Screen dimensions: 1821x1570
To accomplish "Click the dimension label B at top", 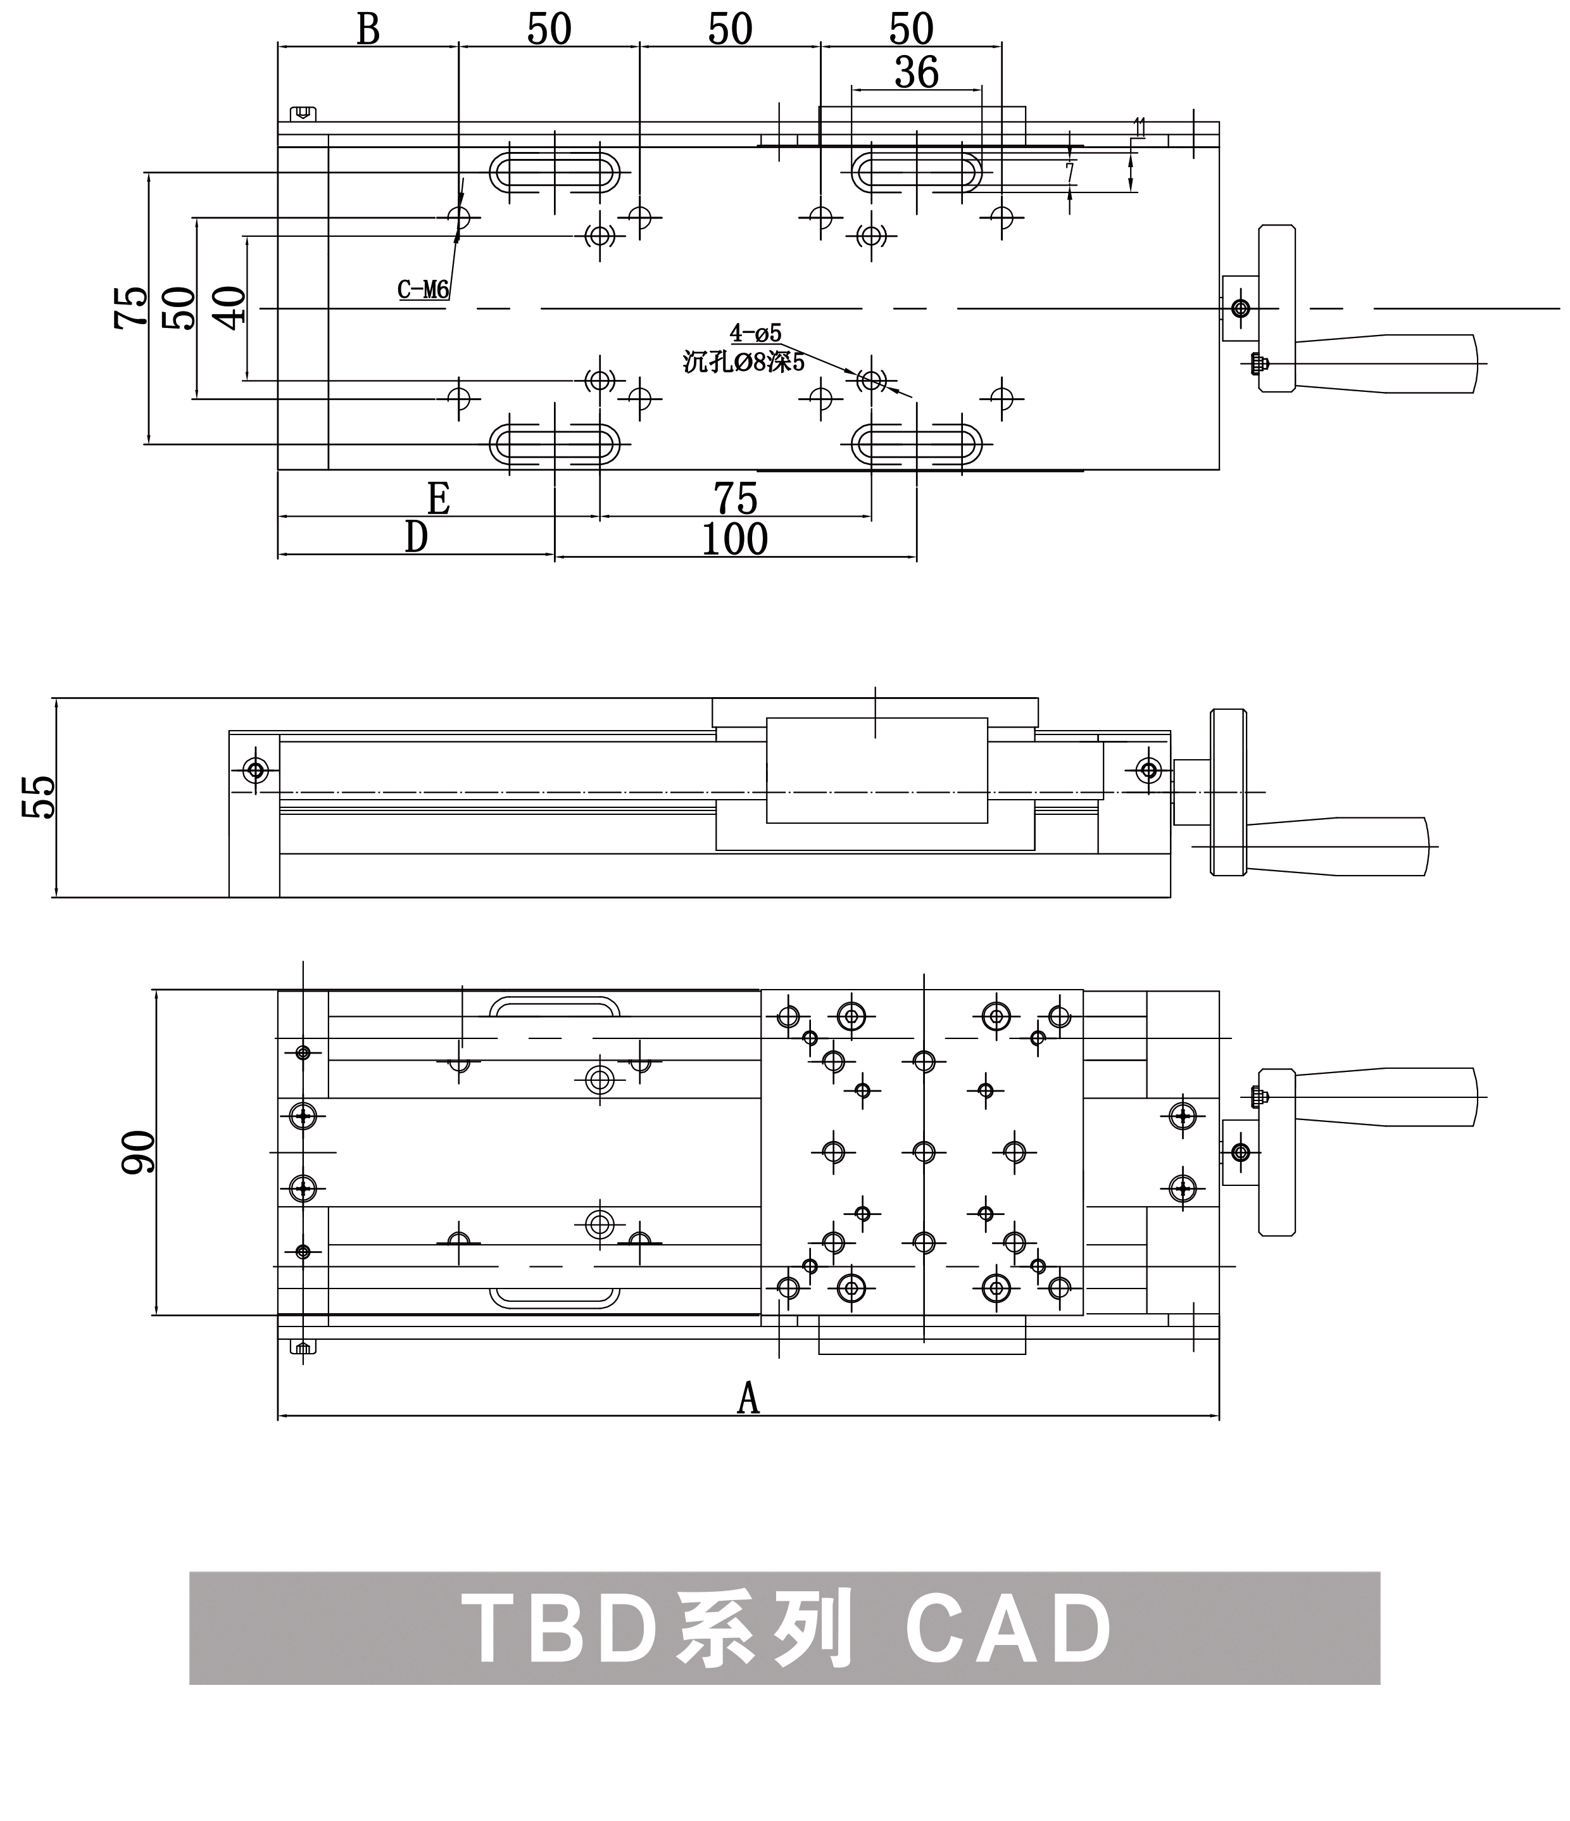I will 368,30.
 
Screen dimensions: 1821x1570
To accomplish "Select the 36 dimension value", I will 916,72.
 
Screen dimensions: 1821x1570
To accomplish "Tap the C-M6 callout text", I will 424,289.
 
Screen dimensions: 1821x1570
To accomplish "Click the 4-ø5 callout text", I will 756,333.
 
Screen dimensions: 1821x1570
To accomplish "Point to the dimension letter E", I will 439,499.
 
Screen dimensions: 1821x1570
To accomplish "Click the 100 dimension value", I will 734,539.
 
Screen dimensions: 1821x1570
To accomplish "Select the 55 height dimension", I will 39,797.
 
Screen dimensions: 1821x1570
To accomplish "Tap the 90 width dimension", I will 139,1152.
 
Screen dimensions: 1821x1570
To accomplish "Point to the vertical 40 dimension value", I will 230,308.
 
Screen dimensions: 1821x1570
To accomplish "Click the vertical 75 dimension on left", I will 132,308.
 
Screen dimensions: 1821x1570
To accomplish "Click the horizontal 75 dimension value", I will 736,499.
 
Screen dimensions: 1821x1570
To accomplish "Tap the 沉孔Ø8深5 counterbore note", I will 743,361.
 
